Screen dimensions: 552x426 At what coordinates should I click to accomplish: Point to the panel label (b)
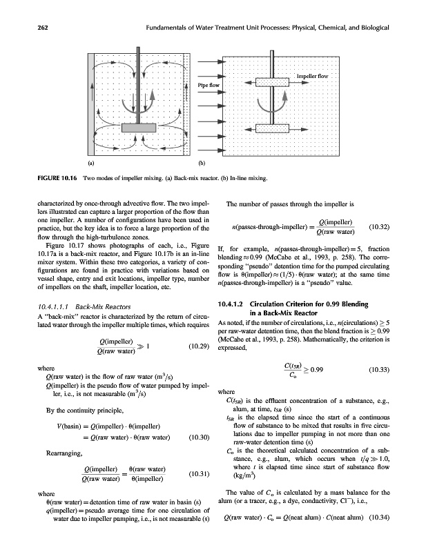tap(202, 165)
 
